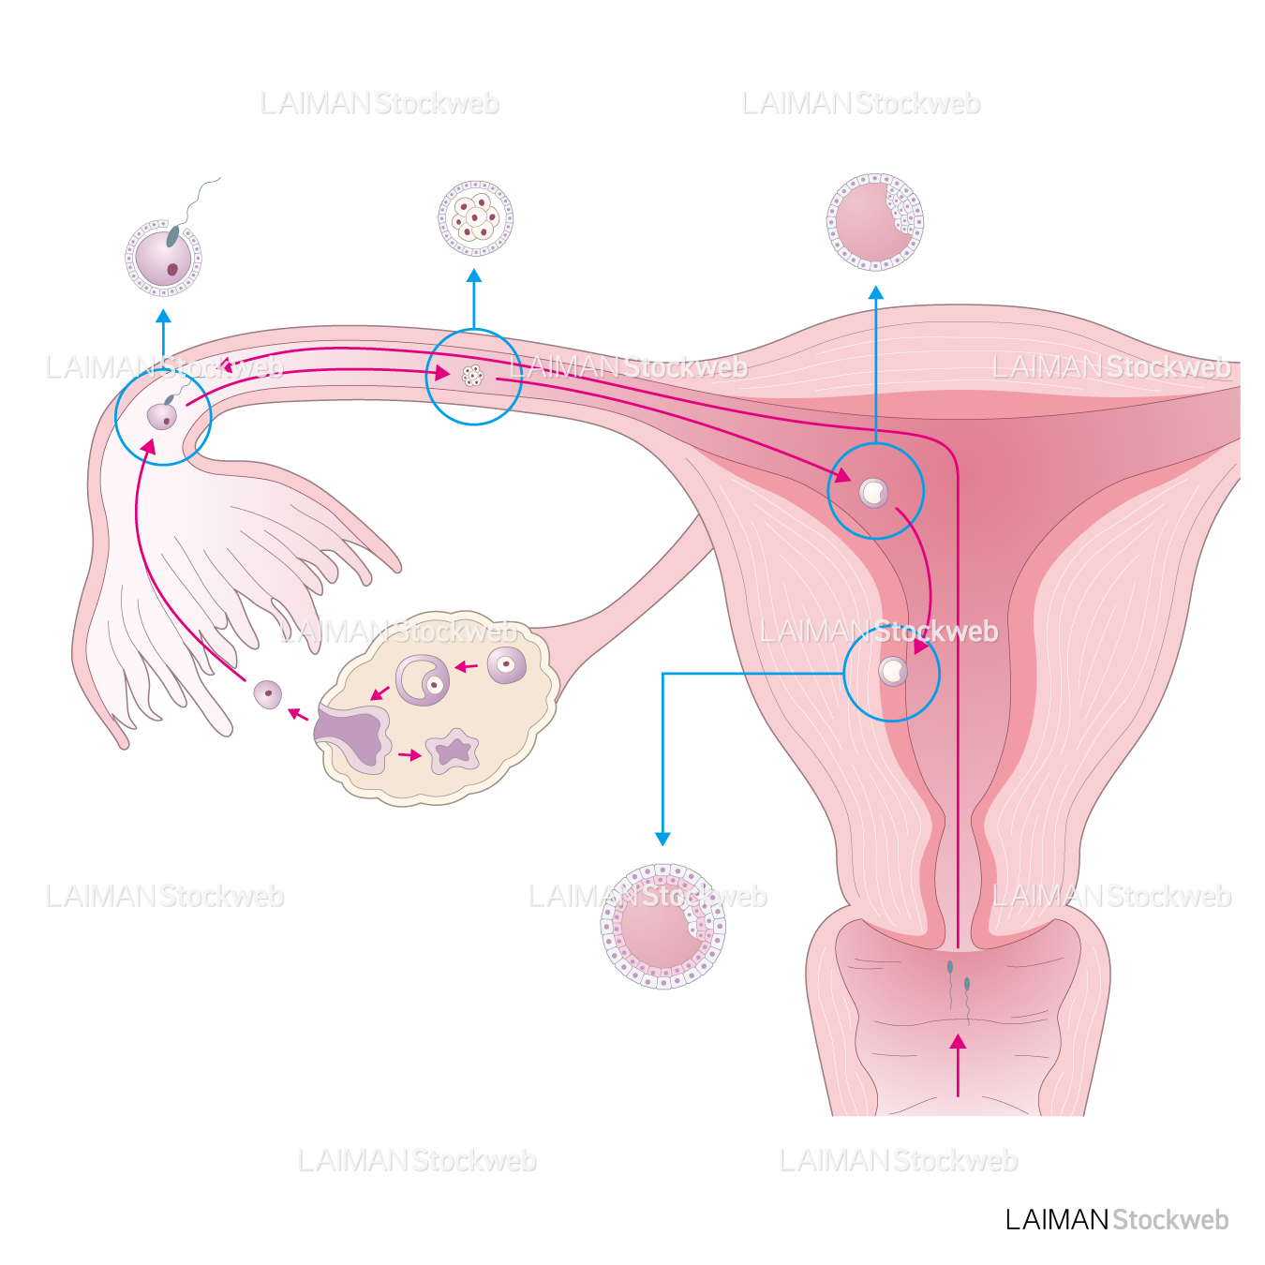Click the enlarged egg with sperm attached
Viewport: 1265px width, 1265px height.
pyautogui.click(x=164, y=258)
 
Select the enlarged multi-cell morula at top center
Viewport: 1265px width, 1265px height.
pyautogui.click(x=475, y=218)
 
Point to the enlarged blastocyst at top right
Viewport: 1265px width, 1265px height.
pyautogui.click(x=874, y=222)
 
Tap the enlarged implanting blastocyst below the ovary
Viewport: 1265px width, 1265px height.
pyautogui.click(x=662, y=927)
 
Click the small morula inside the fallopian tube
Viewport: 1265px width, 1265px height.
pyautogui.click(x=472, y=376)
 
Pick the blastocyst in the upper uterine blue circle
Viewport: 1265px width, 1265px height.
pyautogui.click(x=873, y=492)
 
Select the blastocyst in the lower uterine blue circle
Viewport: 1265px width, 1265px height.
pyautogui.click(x=892, y=671)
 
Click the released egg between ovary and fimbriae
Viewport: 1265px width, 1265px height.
pyautogui.click(x=268, y=694)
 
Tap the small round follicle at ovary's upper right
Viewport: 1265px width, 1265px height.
pyautogui.click(x=507, y=665)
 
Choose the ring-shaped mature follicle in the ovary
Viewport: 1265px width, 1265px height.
pyautogui.click(x=423, y=680)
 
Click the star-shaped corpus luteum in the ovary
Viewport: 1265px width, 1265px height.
pyautogui.click(x=454, y=751)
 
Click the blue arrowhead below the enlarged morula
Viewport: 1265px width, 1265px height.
pyautogui.click(x=474, y=276)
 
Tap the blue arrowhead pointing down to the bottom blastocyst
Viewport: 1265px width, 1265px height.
pyautogui.click(x=662, y=838)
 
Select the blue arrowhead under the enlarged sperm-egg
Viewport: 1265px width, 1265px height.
pyautogui.click(x=164, y=317)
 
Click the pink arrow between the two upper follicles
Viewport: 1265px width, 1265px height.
pyautogui.click(x=467, y=667)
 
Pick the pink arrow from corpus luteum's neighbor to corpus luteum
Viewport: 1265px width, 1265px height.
pyautogui.click(x=409, y=754)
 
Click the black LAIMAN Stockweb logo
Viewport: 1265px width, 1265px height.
pyautogui.click(x=1116, y=1220)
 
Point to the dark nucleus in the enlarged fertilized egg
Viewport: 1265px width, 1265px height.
pyautogui.click(x=172, y=270)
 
